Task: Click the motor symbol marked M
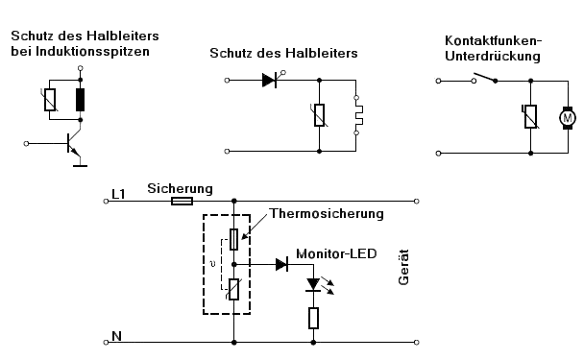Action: pos(568,118)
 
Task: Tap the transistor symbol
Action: pos(74,144)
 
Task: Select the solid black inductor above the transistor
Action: pos(80,100)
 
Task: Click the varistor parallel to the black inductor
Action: pos(50,100)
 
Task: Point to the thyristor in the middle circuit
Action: pos(272,79)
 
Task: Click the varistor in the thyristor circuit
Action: pos(319,115)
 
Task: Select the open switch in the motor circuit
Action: pos(484,79)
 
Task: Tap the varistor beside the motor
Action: pos(530,116)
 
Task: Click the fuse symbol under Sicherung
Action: pos(182,202)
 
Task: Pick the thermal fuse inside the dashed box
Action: pos(234,239)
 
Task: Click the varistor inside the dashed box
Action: pos(233,289)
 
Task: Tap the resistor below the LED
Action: pos(313,319)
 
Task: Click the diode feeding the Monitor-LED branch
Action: pos(281,265)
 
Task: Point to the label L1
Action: pos(118,194)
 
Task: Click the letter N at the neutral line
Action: pos(116,336)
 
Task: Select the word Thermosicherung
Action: pos(327,214)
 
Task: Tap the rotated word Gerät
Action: pos(403,267)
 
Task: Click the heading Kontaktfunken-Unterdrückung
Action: pos(493,48)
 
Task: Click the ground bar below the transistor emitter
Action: pos(80,166)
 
